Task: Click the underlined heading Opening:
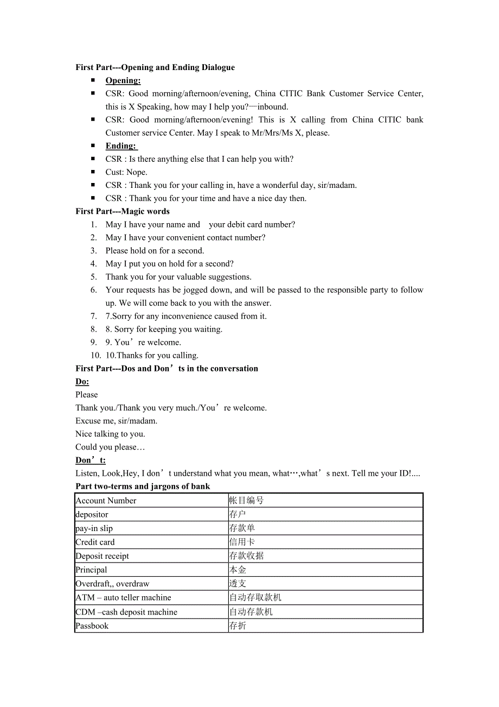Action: [123, 81]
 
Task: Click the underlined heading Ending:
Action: [121, 146]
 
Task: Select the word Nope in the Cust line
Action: [137, 172]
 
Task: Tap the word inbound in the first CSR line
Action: [274, 107]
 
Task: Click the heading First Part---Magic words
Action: [123, 212]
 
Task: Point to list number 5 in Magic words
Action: [94, 277]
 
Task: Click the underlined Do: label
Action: [82, 382]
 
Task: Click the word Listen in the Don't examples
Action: [87, 474]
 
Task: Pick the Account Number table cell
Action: [106, 501]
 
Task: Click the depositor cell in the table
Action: [92, 514]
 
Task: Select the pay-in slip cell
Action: [94, 528]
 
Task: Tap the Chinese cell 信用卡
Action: [242, 542]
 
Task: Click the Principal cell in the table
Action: [92, 570]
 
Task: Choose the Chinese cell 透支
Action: [238, 584]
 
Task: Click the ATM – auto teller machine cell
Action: [124, 597]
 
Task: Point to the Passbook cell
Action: [92, 626]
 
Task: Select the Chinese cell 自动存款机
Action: [251, 612]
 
